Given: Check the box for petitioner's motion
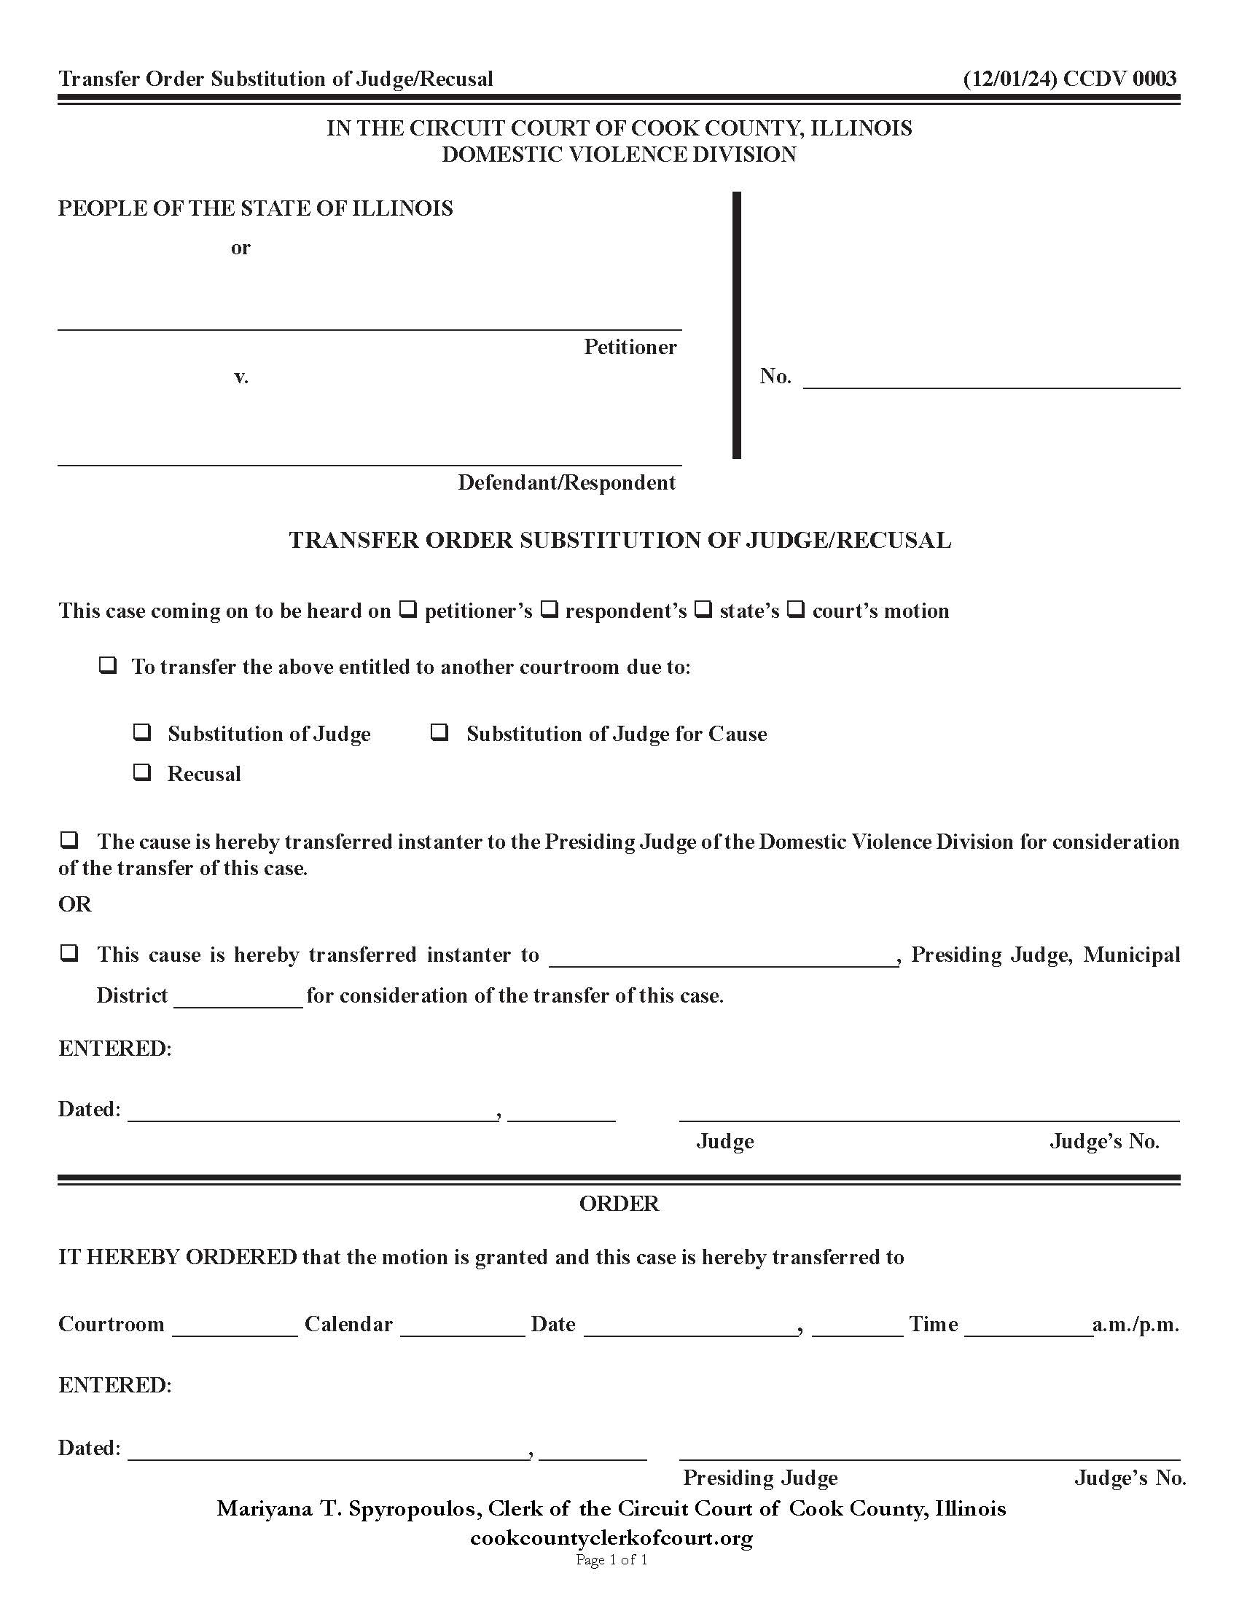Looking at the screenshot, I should (408, 608).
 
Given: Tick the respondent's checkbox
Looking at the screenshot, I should (549, 608).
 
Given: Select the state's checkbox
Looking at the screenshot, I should (703, 608).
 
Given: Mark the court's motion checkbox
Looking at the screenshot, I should (796, 608).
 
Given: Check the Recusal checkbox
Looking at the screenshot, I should (141, 772).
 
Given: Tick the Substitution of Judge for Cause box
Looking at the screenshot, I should (439, 732).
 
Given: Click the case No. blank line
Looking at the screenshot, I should (991, 378).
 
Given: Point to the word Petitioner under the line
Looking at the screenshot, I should (630, 346).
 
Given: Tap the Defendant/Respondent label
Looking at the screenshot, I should (566, 482).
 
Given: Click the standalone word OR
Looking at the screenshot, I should (75, 904).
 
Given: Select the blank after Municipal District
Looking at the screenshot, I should (238, 997).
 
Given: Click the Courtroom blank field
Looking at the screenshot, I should (235, 1325).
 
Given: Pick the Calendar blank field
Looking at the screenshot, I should (462, 1325).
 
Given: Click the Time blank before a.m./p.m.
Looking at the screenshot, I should (1028, 1325).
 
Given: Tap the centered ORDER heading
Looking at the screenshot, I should (619, 1204).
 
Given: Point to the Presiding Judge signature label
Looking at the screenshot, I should (759, 1478).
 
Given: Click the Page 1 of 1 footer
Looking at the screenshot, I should (611, 1560).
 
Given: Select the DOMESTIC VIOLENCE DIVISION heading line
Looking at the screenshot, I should (619, 154).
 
